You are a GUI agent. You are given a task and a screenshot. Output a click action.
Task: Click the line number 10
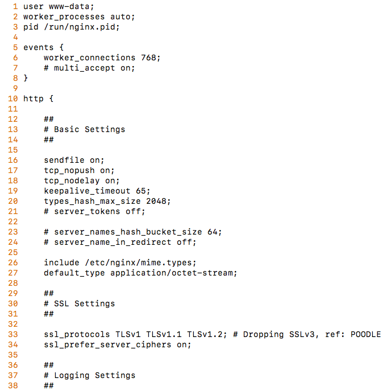pyautogui.click(x=13, y=98)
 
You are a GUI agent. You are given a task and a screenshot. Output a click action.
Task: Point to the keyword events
pyautogui.click(x=38, y=47)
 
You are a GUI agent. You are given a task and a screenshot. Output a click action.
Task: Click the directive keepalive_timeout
pyautogui.click(x=87, y=191)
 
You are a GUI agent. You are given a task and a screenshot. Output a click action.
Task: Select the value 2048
pyautogui.click(x=158, y=201)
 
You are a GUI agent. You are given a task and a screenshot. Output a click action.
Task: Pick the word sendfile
pyautogui.click(x=64, y=160)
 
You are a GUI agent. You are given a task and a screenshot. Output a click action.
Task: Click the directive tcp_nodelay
pyautogui.click(x=72, y=180)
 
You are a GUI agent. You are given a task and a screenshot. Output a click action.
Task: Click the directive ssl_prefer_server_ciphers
pyautogui.click(x=107, y=344)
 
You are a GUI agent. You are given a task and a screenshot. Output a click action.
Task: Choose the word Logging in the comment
pyautogui.click(x=72, y=375)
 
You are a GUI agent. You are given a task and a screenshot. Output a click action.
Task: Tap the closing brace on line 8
pyautogui.click(x=26, y=78)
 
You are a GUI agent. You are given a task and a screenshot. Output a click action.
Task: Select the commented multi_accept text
pyautogui.click(x=84, y=68)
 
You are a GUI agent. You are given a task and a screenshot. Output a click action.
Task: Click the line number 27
pyautogui.click(x=13, y=273)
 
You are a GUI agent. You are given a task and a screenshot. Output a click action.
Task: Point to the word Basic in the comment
pyautogui.click(x=66, y=129)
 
